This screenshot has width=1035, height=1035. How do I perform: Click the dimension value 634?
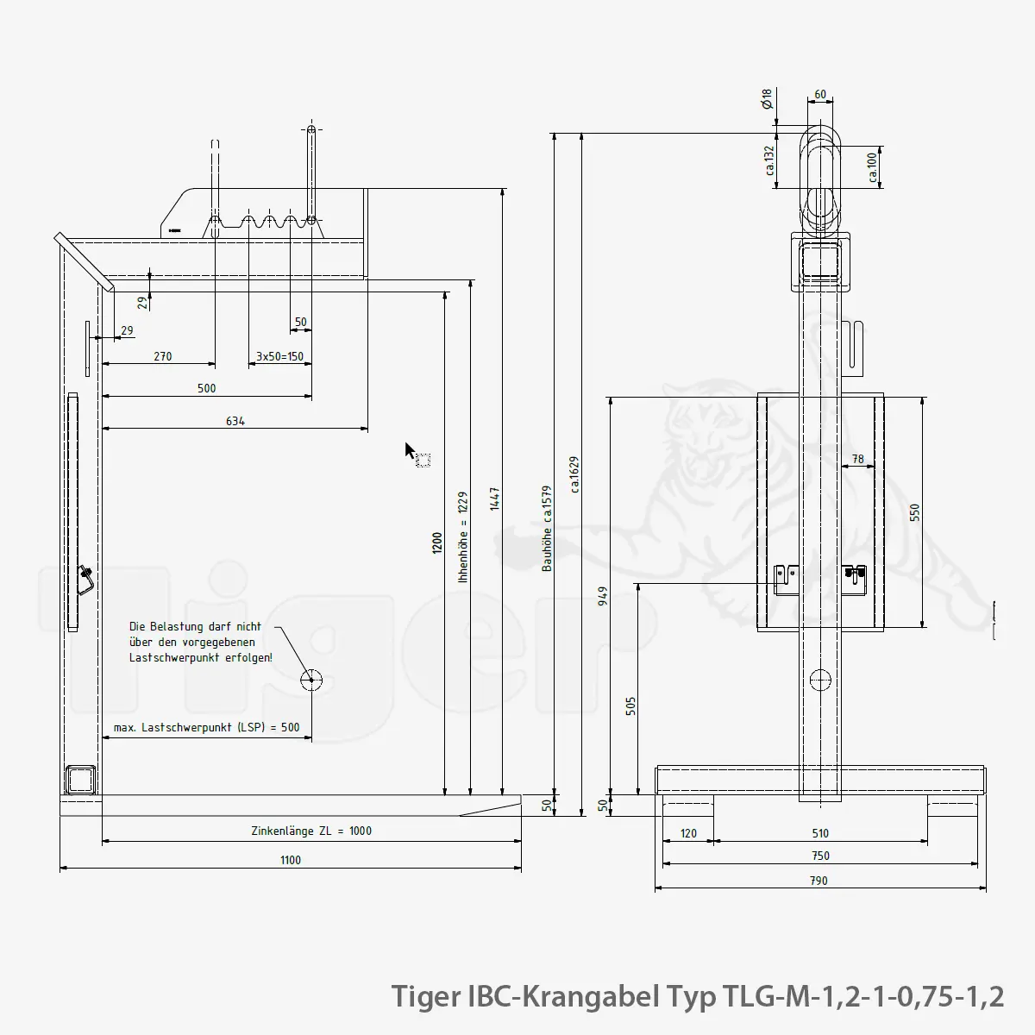pos(235,421)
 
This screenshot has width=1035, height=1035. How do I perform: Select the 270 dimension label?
pos(163,356)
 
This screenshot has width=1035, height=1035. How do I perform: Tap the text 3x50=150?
pos(279,356)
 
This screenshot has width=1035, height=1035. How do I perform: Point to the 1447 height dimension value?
pos(495,499)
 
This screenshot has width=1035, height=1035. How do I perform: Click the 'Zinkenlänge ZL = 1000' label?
pos(311,831)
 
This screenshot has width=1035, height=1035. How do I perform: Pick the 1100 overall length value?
pos(291,860)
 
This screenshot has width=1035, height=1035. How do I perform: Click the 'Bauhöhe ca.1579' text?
pos(547,529)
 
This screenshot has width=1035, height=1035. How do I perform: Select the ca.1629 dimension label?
pos(574,474)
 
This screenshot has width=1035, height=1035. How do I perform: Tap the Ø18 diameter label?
pos(767,99)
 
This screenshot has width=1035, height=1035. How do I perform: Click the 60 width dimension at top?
pos(820,95)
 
